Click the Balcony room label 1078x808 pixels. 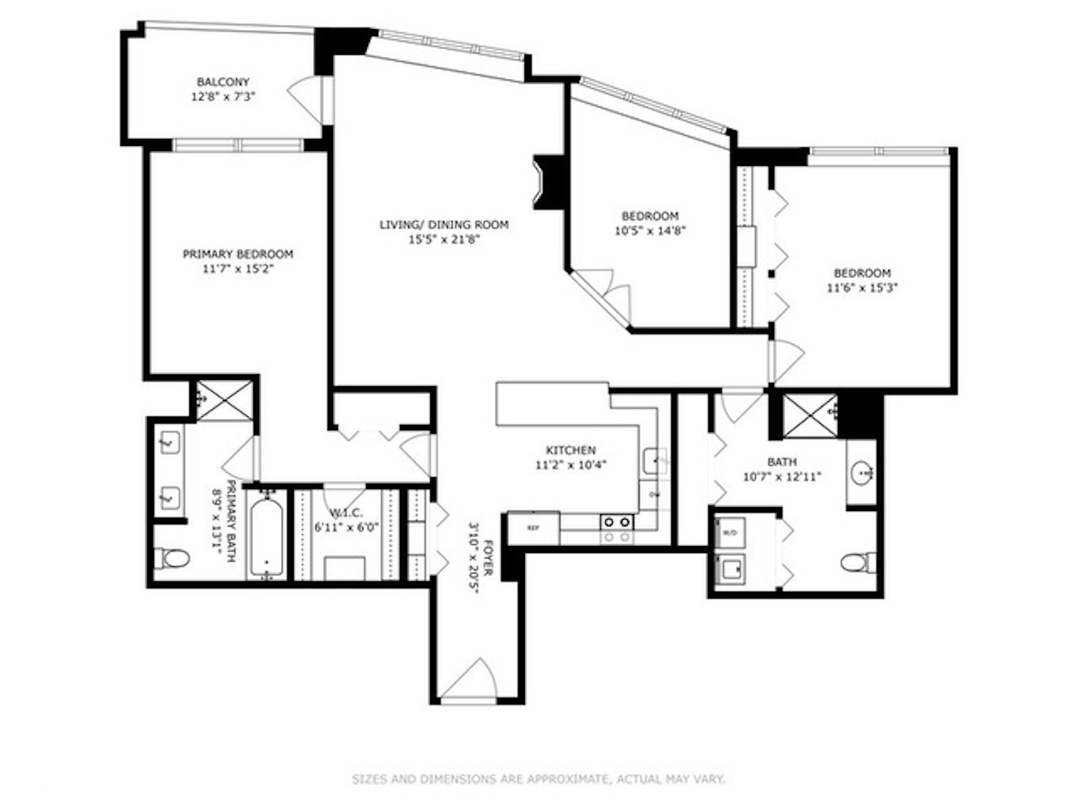tap(222, 82)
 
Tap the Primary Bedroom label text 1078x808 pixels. tap(238, 254)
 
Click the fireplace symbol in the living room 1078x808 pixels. tap(545, 182)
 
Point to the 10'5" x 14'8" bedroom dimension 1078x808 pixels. tap(650, 231)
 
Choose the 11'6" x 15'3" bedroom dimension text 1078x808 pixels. tap(862, 288)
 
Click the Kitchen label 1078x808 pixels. tap(570, 450)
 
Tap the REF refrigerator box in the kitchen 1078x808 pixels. tap(533, 528)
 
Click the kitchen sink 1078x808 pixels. tap(656, 460)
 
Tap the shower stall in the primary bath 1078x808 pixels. tap(225, 400)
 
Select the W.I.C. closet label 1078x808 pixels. tap(347, 512)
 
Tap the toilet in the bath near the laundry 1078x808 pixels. tap(858, 562)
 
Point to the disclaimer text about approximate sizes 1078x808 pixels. tap(538, 779)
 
